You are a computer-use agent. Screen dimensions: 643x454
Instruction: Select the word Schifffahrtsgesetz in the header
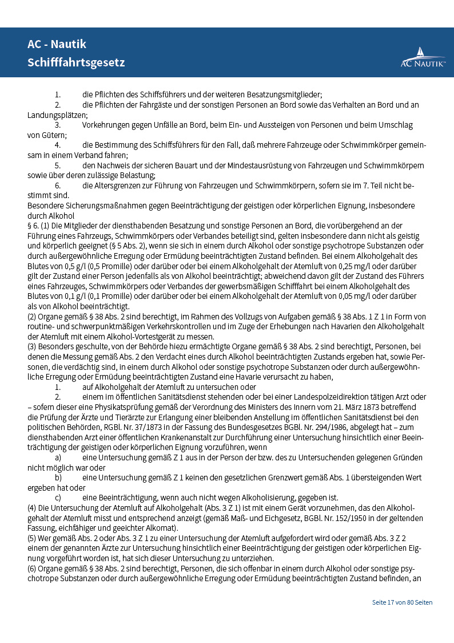coord(76,62)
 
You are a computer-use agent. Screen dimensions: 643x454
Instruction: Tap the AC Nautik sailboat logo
coord(423,58)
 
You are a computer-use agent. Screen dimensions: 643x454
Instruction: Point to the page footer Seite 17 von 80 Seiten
coord(402,602)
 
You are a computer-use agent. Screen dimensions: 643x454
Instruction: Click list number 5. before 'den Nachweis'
coord(58,165)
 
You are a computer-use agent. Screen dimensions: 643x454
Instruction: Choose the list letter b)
coord(58,478)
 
